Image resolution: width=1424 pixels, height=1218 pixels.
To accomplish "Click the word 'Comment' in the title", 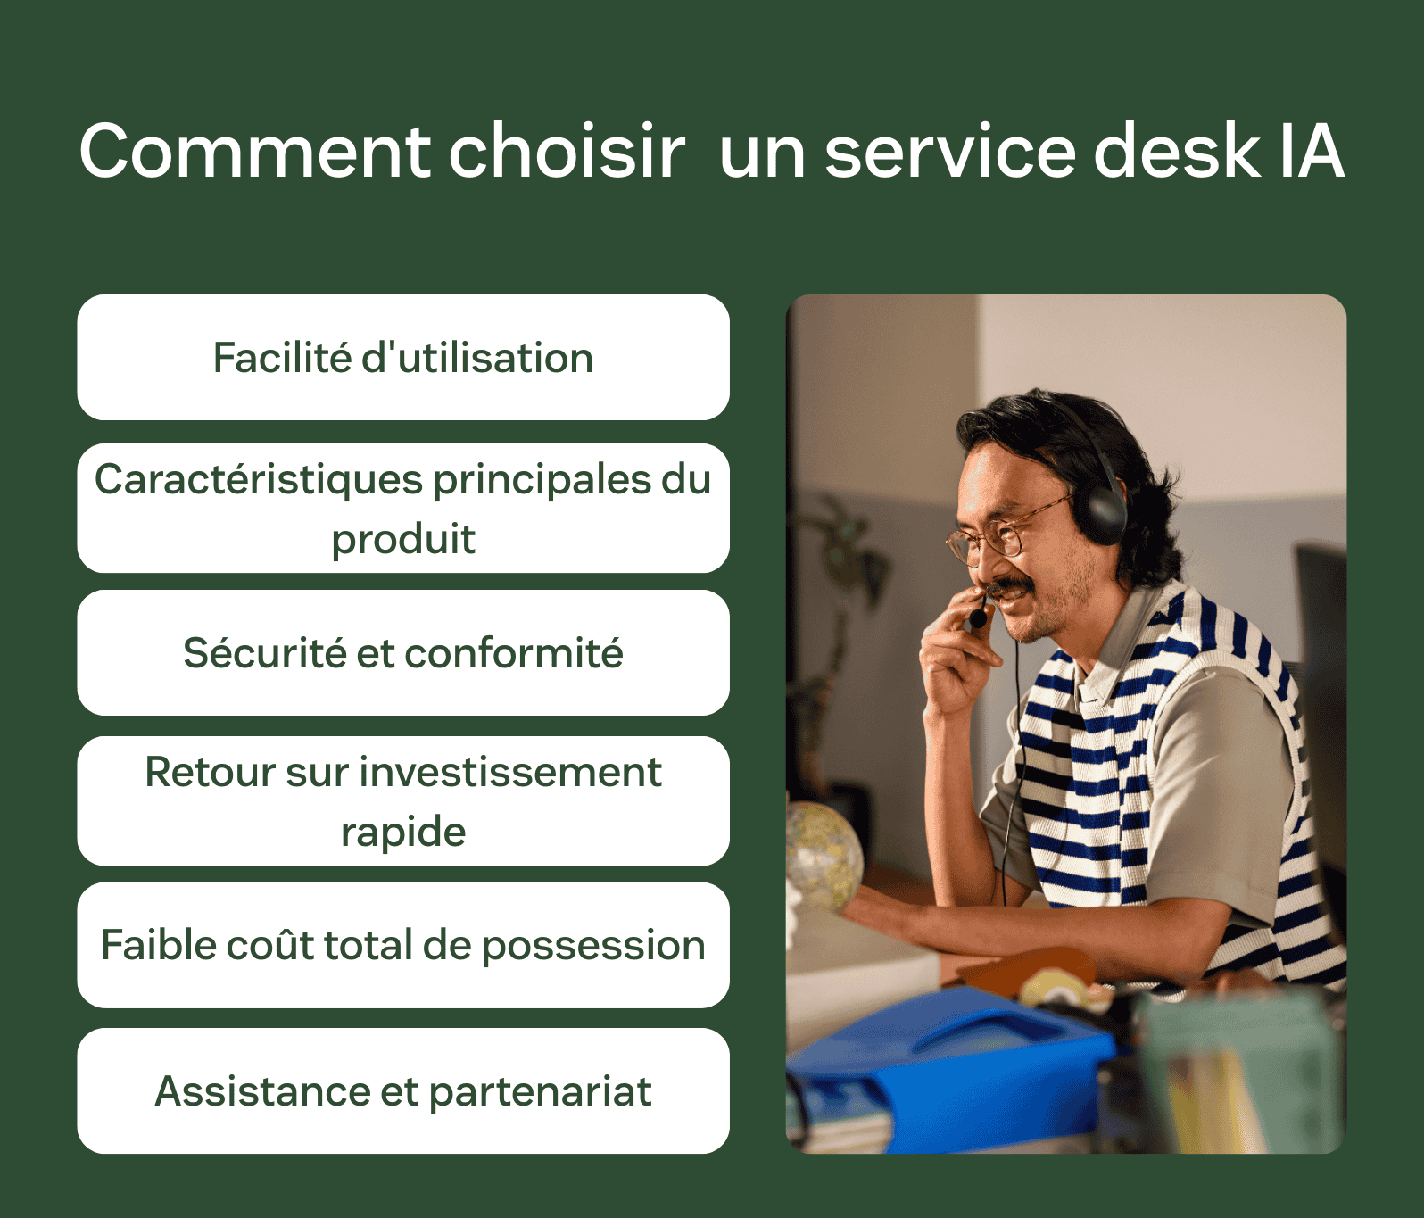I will (x=255, y=152).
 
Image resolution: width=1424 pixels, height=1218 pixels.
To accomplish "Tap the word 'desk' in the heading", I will (x=1176, y=152).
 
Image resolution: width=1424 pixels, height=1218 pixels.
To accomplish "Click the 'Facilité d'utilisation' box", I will (x=403, y=358).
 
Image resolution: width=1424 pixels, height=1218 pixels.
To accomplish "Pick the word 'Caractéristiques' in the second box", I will (x=259, y=480).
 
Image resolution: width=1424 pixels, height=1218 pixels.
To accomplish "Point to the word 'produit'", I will (x=403, y=539).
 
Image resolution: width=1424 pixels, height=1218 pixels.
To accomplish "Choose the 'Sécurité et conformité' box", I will (x=403, y=653).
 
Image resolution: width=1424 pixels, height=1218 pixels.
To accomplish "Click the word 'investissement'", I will (x=510, y=773).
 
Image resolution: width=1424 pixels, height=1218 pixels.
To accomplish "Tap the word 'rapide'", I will (x=403, y=833).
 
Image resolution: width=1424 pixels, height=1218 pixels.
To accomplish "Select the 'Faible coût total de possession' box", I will (x=403, y=946).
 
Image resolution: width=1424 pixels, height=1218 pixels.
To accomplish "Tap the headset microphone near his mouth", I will (x=979, y=617).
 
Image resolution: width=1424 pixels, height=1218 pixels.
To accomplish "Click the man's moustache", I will (x=1013, y=590).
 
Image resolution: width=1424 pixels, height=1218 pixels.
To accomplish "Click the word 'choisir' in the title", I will (x=567, y=152).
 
